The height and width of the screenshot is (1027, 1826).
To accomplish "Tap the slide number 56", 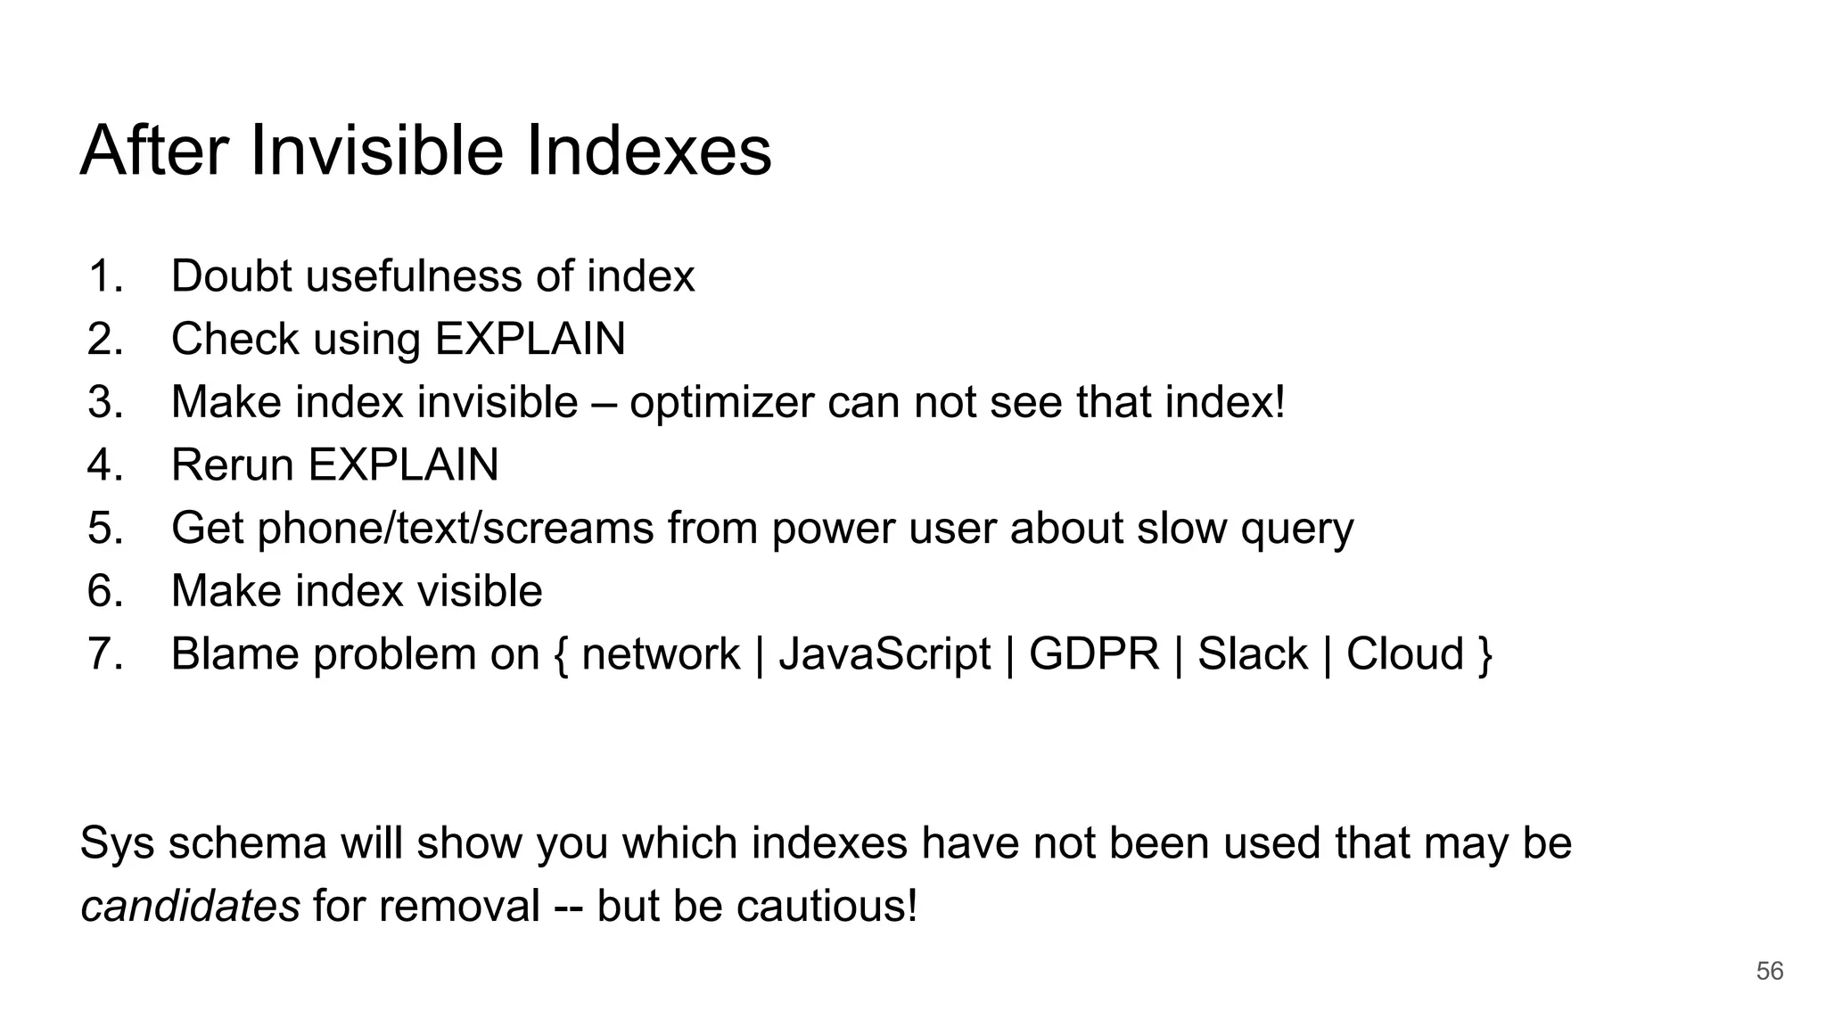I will coord(1769,971).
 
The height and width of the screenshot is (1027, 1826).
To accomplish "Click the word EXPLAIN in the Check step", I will coord(530,339).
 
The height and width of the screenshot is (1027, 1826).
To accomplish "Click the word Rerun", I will coord(232,464).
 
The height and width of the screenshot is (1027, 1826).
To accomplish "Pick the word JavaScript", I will coord(884,654).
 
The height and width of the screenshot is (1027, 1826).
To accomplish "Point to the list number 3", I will coord(104,402).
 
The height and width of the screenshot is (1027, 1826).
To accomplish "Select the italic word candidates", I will coord(190,906).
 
